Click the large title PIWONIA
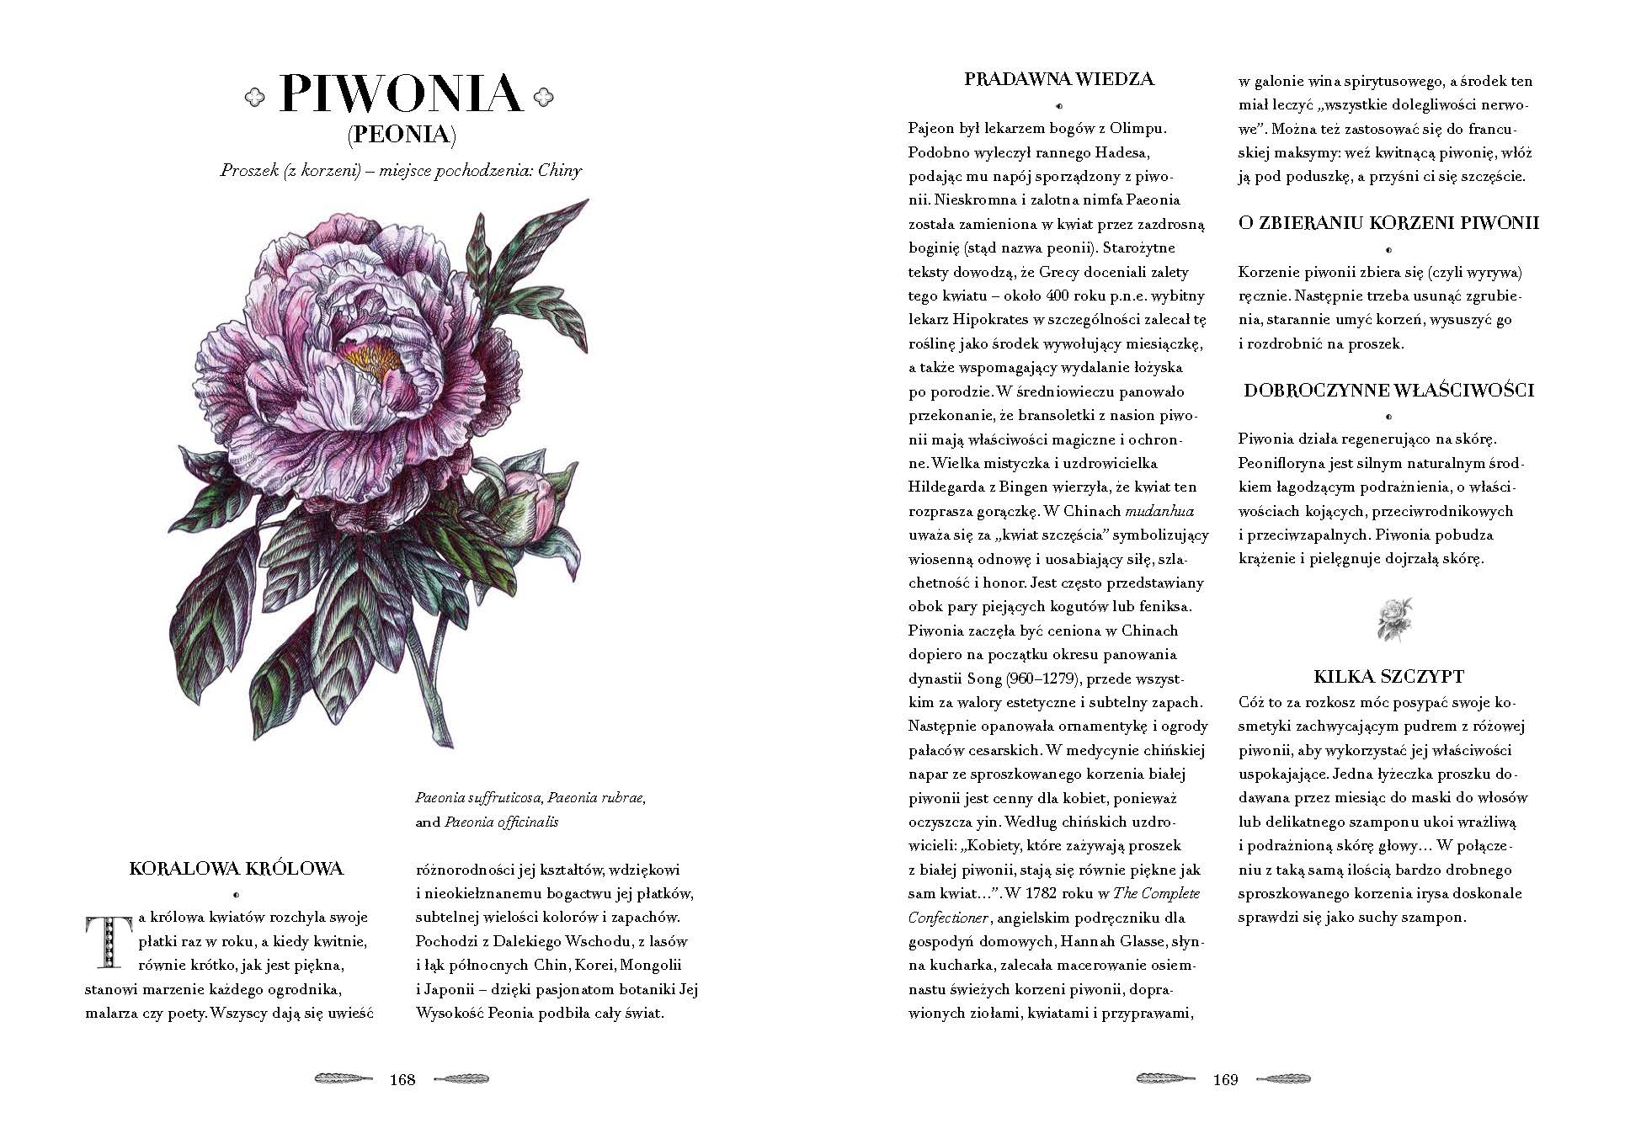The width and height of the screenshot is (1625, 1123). (400, 93)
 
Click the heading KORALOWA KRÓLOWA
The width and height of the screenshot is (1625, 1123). (237, 869)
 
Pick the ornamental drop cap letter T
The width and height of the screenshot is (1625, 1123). (107, 941)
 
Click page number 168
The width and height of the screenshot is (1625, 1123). (402, 1079)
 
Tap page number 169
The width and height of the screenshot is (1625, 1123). (1225, 1079)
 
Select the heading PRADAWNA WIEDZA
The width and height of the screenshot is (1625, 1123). (1058, 80)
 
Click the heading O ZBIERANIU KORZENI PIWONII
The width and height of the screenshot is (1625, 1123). (1388, 223)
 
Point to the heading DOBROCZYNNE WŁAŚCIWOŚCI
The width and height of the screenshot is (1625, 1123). (1388, 390)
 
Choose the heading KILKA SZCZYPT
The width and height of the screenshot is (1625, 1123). (1388, 676)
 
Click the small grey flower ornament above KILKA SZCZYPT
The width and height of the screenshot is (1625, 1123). (1393, 620)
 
